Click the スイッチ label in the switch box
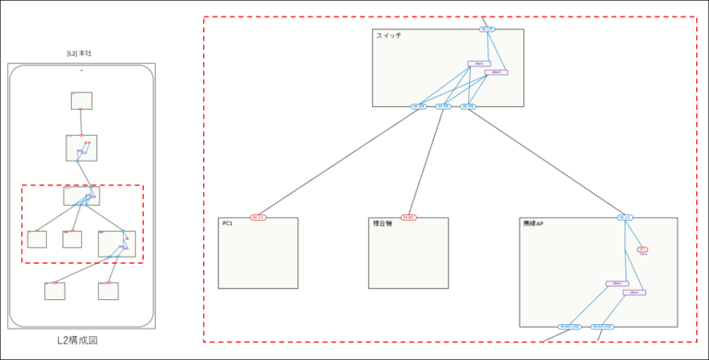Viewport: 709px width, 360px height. click(x=389, y=35)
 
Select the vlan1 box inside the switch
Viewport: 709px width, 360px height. click(x=478, y=64)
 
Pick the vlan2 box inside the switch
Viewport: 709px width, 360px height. click(x=497, y=72)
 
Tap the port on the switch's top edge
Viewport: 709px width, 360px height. click(x=487, y=29)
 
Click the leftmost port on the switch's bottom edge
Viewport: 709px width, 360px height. click(x=418, y=106)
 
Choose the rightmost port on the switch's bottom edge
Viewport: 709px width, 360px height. click(x=468, y=106)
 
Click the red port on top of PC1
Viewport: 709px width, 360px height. click(x=258, y=218)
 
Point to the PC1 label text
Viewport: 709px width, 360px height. click(x=228, y=224)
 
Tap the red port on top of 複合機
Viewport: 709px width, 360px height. click(x=408, y=218)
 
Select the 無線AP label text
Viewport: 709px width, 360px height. click(x=534, y=224)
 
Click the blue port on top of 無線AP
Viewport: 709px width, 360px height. click(x=625, y=218)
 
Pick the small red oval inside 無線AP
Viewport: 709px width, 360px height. click(x=643, y=249)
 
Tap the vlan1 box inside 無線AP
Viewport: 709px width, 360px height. click(x=617, y=283)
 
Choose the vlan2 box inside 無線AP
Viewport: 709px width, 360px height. click(x=634, y=292)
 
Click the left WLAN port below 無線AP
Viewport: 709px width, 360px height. click(x=569, y=327)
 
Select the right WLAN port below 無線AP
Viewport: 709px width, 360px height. click(x=602, y=327)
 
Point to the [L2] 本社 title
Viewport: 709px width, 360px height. click(x=79, y=54)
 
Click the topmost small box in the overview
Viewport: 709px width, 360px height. click(x=81, y=101)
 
